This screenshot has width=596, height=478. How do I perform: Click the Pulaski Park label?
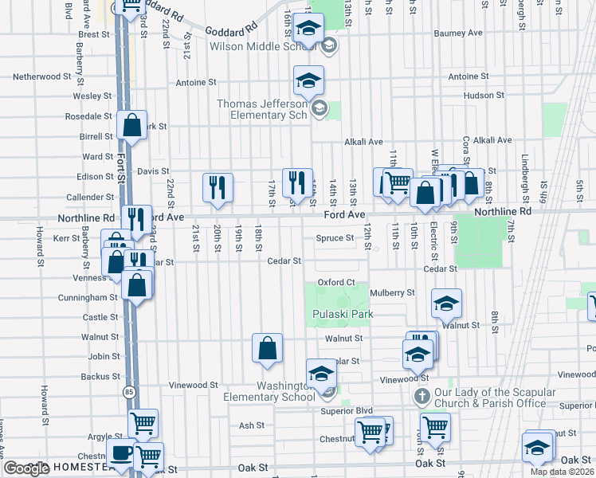click(x=343, y=314)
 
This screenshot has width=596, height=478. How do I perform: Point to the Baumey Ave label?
click(x=458, y=33)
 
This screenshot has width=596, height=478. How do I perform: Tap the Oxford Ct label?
click(x=335, y=282)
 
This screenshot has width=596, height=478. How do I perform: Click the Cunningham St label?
click(x=88, y=297)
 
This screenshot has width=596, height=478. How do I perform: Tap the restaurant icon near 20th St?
click(x=218, y=187)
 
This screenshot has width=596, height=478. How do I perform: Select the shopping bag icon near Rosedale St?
click(x=131, y=124)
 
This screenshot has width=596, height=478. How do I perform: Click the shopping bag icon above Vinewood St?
click(x=267, y=347)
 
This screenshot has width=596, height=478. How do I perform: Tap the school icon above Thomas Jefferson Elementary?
click(x=308, y=80)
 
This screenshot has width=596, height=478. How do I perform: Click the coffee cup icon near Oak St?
click(x=121, y=454)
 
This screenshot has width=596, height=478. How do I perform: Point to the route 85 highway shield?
click(x=129, y=392)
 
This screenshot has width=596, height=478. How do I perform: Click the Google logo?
click(x=26, y=468)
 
